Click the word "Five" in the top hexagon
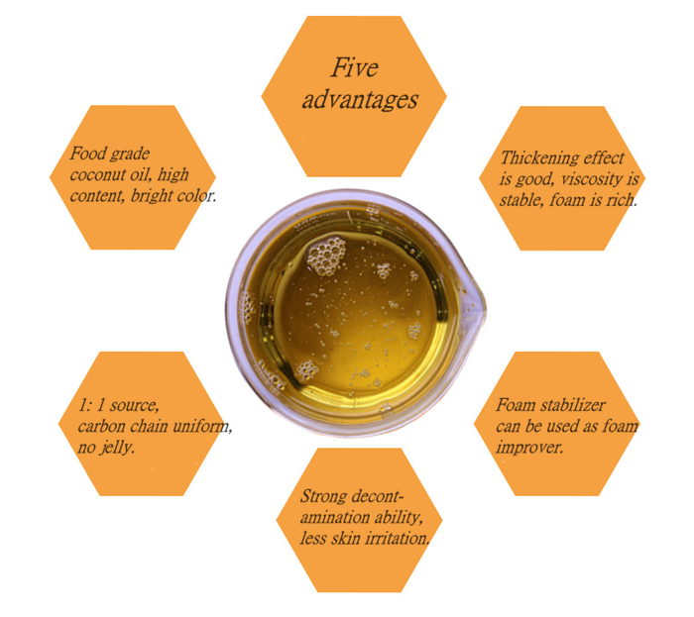(x=355, y=67)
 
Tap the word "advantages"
(x=360, y=99)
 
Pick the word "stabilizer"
(x=573, y=405)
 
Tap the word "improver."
(x=529, y=448)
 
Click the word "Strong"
(x=323, y=496)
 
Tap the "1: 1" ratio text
(x=91, y=405)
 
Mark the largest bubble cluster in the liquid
(x=326, y=257)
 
